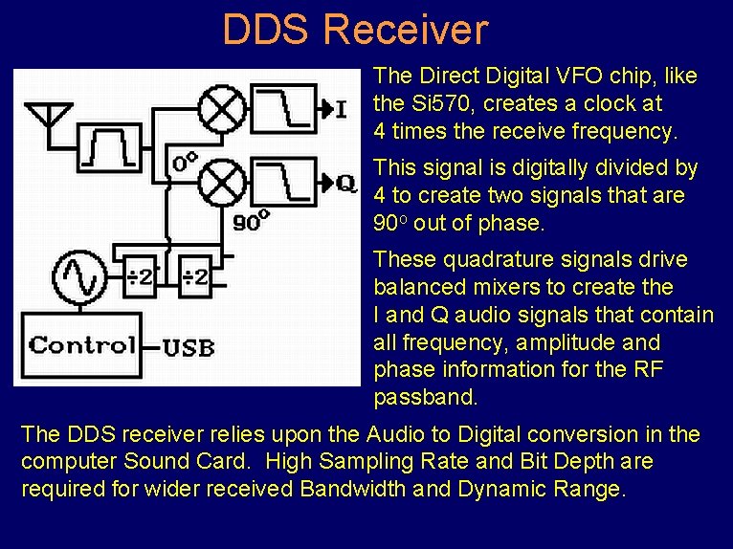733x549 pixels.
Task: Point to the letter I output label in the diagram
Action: click(341, 108)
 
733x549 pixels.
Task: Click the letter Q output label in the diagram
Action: click(345, 182)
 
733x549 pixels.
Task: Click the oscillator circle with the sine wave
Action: click(79, 276)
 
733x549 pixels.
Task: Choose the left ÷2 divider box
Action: click(140, 277)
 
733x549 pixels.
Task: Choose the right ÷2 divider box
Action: click(195, 277)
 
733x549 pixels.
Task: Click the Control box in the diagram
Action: click(82, 344)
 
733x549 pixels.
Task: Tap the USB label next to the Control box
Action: click(188, 347)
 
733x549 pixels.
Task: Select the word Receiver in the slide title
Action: click(405, 30)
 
